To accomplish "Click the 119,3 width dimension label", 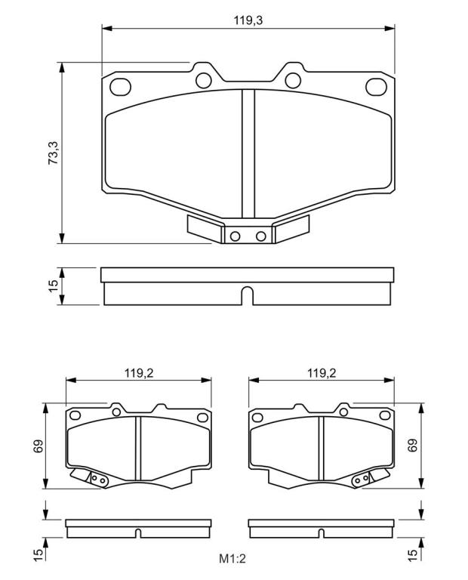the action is click(248, 20).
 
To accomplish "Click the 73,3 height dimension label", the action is click(54, 153).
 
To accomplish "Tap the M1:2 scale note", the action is click(232, 558).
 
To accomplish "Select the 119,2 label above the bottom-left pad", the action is click(139, 373).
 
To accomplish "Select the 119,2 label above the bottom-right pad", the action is click(322, 373).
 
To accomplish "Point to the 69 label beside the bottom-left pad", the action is click(38, 446).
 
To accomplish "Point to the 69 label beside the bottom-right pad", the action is click(413, 445).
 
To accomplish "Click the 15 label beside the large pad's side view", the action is click(54, 286).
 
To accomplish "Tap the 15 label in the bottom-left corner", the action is click(38, 556).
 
